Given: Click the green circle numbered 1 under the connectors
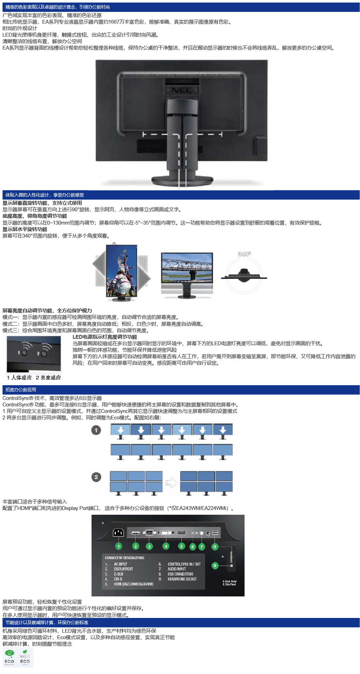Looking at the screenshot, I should pos(119,546).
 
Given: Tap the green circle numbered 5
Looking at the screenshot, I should pos(181,546).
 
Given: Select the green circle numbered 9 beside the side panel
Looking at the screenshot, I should pos(215,566).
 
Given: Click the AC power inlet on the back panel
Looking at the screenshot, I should pos(118,533).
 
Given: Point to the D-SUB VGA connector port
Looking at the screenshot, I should pos(149,533).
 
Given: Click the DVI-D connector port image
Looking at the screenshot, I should pos(166,533).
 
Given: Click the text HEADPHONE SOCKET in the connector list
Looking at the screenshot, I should pos(182,579).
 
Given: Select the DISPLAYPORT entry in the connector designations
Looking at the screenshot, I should pos(123,569).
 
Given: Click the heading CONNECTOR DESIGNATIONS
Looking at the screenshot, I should pos(124,558).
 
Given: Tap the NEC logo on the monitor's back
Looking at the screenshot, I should pos(181,91).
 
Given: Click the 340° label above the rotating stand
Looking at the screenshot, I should pos(244,254).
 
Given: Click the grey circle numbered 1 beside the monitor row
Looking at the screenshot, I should pos(96,430).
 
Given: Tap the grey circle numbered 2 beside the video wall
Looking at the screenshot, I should pos(96,477).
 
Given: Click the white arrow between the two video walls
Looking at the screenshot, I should pos(171,482).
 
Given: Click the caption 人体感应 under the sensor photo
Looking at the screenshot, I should pos(21,377).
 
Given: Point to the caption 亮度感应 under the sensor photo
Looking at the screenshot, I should pos(51,377).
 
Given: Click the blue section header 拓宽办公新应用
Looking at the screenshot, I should pos(20,390).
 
